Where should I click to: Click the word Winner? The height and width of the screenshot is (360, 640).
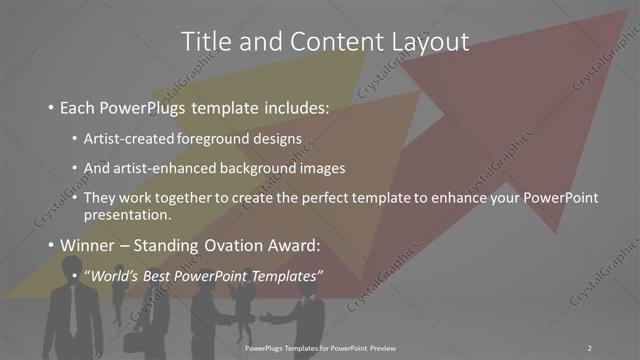89,246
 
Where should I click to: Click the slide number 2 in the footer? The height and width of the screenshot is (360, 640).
590,347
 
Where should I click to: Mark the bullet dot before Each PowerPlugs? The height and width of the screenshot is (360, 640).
51,106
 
